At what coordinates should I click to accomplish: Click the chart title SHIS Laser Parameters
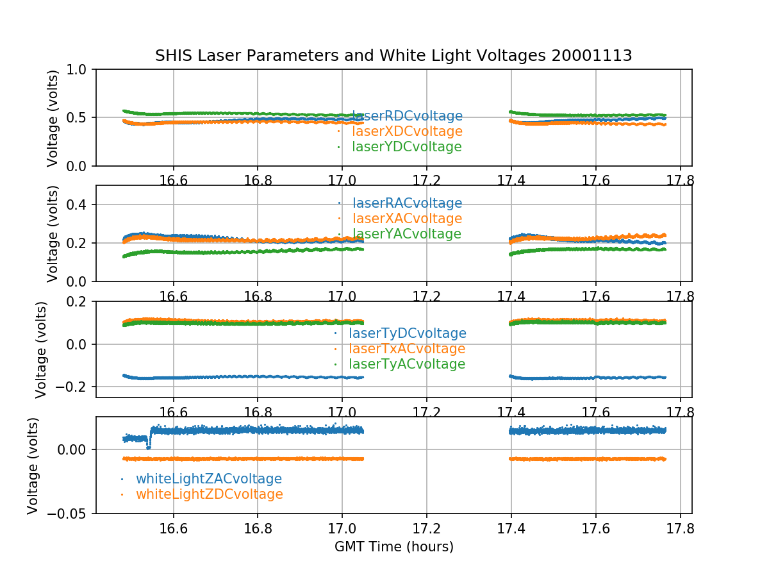point(393,56)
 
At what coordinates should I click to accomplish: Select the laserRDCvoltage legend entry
point(407,116)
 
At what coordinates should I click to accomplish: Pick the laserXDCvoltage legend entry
point(407,131)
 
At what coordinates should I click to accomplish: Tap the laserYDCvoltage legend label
point(406,147)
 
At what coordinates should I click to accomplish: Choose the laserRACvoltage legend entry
point(407,203)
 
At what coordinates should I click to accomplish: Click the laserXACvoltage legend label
point(407,219)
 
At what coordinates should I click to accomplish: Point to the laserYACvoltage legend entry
point(406,234)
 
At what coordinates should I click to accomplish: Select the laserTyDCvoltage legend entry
point(407,333)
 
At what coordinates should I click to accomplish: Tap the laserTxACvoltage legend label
point(406,349)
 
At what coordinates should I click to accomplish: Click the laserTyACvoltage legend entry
point(406,364)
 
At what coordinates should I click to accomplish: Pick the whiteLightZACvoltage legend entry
point(208,479)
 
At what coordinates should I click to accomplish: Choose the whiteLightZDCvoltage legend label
point(209,494)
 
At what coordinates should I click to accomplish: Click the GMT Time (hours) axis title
point(393,547)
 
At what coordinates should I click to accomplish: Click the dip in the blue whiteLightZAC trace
point(149,447)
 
